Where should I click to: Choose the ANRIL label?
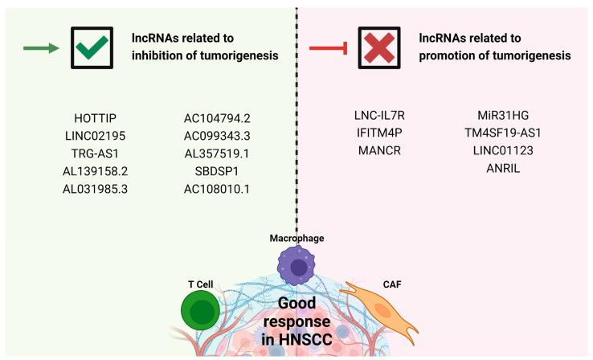(x=503, y=167)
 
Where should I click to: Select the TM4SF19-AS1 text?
(x=503, y=133)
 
